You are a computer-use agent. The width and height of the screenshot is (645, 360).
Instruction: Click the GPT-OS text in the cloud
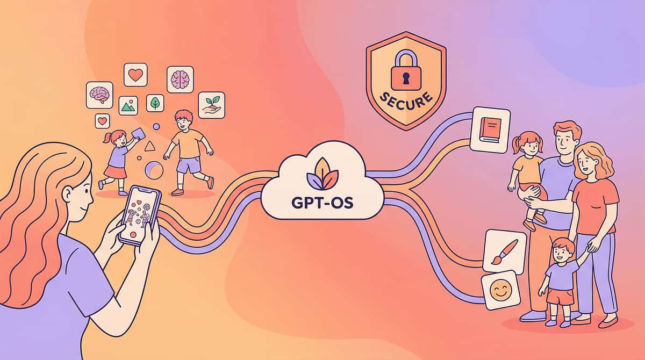pos(322,203)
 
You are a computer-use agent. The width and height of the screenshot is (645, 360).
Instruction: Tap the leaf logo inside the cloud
pos(322,174)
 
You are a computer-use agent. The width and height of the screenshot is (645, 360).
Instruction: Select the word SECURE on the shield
pos(406,100)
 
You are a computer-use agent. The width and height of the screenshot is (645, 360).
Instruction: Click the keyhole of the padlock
pos(406,78)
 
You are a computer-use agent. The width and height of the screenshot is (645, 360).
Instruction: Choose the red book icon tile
pos(490,130)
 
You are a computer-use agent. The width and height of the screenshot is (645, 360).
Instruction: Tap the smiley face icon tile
pos(501,290)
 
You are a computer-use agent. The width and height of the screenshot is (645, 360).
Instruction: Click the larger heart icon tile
pos(135,75)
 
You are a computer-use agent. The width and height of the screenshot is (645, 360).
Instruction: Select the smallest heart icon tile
pos(102,121)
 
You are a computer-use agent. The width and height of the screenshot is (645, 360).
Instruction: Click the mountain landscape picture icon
pos(128,106)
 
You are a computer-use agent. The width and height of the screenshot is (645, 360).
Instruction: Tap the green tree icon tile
pos(155,103)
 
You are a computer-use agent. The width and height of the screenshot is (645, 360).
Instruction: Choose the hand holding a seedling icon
pos(212,105)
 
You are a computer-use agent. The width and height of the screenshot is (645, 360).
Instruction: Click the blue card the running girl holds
pos(138,134)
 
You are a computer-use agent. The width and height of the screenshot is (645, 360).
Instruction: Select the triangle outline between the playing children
pos(149,146)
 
